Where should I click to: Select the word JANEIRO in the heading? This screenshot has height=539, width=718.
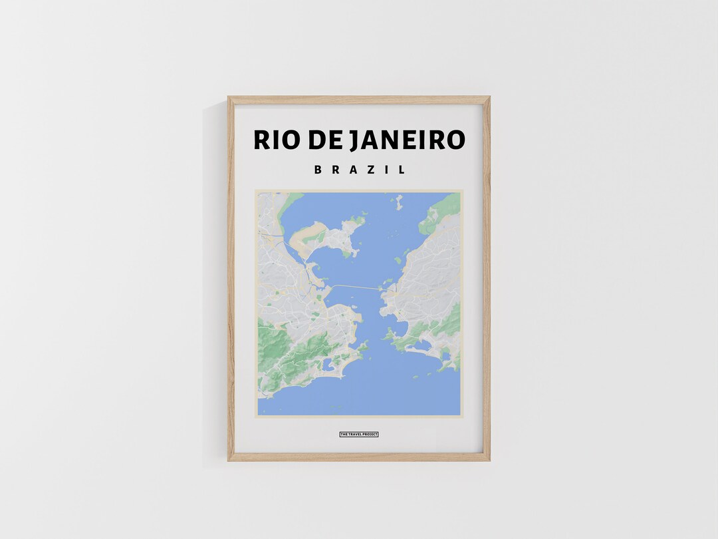410,140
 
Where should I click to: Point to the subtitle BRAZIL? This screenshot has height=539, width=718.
359,170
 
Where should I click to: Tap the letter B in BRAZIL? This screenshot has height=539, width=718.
318,170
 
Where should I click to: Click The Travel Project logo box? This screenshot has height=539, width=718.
359,435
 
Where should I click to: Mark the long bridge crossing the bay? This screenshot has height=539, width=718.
356,287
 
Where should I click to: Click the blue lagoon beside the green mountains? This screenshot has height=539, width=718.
328,364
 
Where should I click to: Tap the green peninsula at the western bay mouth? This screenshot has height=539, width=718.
362,347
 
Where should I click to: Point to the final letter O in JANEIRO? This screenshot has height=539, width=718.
455,140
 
